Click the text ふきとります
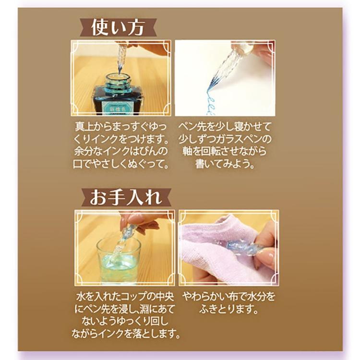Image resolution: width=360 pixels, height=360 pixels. pos(222,309)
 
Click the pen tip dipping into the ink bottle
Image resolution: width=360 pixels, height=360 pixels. pos(118,72)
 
